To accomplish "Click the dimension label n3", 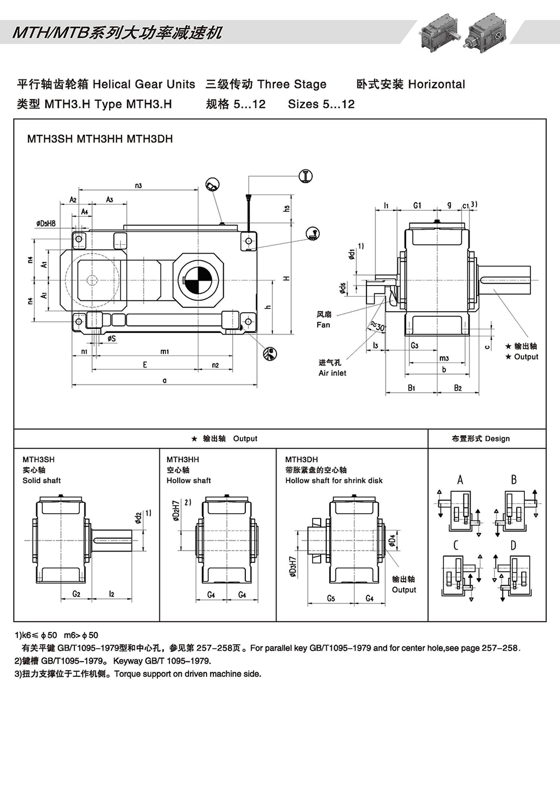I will (x=138, y=186).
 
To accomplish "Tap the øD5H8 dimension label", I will (x=46, y=223).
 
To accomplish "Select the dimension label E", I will (x=145, y=365).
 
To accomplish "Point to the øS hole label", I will (x=111, y=339).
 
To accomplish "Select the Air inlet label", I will (x=332, y=373).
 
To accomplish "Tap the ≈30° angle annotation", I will (x=377, y=326).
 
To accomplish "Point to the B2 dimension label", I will (x=458, y=388).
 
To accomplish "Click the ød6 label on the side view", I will (x=343, y=289).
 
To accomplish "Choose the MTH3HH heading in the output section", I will (x=183, y=459).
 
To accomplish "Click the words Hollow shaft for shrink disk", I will (x=333, y=480).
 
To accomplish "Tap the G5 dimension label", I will (x=331, y=598).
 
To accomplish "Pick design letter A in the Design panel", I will (x=460, y=480).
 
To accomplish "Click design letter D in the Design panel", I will (x=513, y=545).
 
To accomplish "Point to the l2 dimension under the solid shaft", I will (x=112, y=594).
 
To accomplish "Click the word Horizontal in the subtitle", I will (x=436, y=85).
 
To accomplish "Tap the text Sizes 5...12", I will (x=321, y=104).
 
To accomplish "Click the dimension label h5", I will (x=287, y=208).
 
